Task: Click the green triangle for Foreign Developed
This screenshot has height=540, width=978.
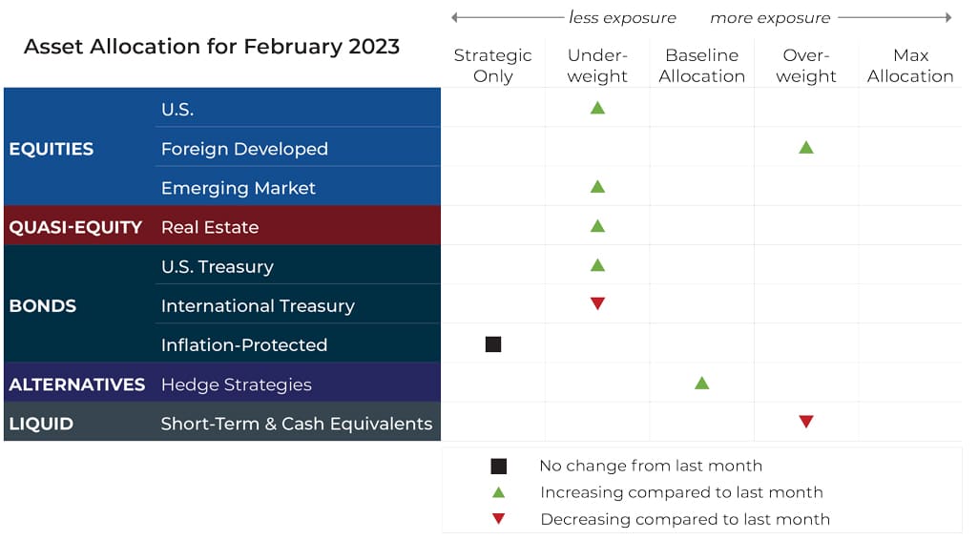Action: coord(806,148)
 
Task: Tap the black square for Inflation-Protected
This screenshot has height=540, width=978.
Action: coord(493,344)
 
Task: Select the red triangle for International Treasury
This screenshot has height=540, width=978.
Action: coord(597,303)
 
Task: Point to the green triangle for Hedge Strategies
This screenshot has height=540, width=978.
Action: coord(701,383)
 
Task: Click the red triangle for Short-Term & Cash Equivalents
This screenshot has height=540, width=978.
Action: coord(806,422)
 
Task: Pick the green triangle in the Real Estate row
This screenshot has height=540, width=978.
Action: coord(597,226)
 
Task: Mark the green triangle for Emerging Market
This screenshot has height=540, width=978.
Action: coord(597,186)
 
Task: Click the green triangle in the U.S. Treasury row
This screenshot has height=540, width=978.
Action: coord(597,265)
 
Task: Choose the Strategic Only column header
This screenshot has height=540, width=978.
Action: coord(492,66)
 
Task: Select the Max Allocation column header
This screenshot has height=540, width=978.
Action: coord(910,66)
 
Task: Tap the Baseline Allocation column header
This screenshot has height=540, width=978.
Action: coord(701,66)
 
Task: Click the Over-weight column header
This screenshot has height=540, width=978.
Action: coord(806,66)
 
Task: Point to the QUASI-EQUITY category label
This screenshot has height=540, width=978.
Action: coord(75,227)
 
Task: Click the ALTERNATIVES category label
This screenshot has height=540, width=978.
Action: coord(76,384)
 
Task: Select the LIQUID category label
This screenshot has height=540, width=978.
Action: coord(41,424)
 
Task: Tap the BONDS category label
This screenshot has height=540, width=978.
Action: coord(42,305)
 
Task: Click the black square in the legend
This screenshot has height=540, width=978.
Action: coord(498,466)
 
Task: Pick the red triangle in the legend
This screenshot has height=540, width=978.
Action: coord(498,518)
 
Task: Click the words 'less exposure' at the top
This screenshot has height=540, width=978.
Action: coord(622,17)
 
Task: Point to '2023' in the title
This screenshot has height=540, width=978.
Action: coord(374,46)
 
